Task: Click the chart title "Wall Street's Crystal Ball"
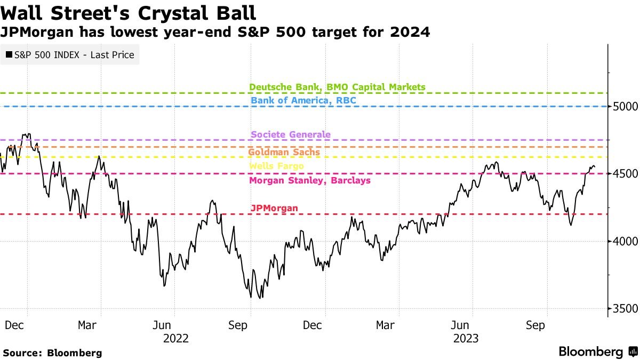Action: [x=128, y=12]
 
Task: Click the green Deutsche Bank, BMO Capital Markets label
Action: [x=337, y=87]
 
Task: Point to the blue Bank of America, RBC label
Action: [x=303, y=100]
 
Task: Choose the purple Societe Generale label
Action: [x=290, y=134]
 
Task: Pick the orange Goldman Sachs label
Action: [x=284, y=152]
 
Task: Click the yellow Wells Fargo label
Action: [x=276, y=166]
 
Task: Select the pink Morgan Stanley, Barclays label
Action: [x=309, y=180]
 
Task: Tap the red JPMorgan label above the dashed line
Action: [x=274, y=208]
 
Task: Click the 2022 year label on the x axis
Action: [x=176, y=338]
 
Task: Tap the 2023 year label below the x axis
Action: [x=465, y=338]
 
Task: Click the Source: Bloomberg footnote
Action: [x=52, y=353]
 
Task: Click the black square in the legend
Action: [x=9, y=54]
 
